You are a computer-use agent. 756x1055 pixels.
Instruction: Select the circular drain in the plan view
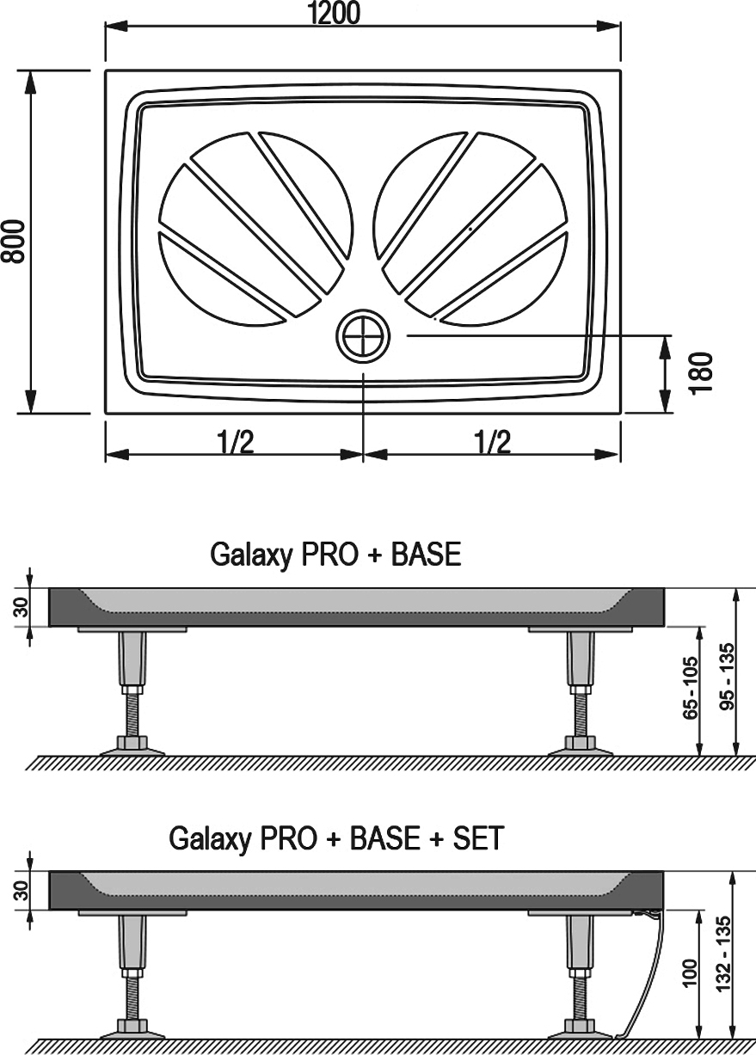(x=363, y=336)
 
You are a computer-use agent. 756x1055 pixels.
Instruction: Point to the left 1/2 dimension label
(x=234, y=442)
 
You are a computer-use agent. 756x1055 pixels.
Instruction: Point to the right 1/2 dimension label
(x=492, y=442)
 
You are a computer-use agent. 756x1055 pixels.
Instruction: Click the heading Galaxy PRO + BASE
(x=335, y=555)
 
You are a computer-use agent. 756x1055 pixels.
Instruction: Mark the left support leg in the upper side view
(x=132, y=688)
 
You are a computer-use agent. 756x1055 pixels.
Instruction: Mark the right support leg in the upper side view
(x=579, y=688)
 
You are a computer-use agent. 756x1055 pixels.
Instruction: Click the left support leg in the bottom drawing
(x=132, y=972)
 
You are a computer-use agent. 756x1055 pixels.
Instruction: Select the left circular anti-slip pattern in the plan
(x=255, y=229)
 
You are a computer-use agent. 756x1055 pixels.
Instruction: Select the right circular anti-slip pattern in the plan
(x=471, y=229)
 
